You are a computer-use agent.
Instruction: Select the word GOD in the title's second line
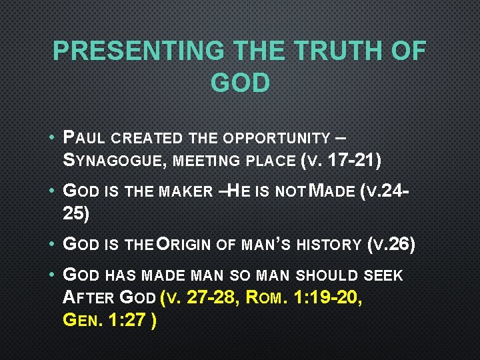point(240,83)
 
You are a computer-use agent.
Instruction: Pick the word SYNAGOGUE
point(113,161)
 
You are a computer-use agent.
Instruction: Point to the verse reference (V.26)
point(391,244)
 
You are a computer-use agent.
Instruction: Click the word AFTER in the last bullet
point(85,297)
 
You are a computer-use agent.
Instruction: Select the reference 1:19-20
point(327,297)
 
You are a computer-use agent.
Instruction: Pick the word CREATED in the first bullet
point(147,139)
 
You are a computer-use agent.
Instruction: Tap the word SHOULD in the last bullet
point(319,275)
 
